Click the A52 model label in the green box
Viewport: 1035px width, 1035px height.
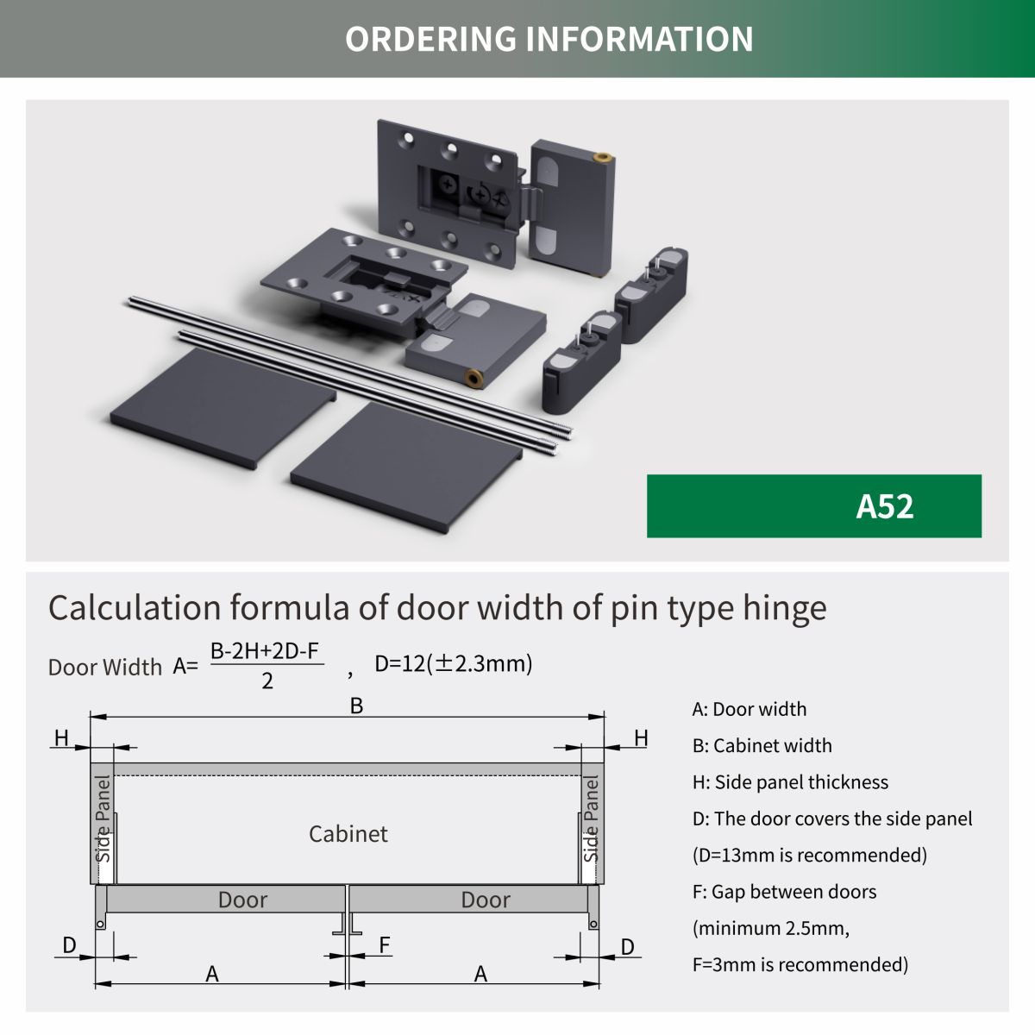pos(884,506)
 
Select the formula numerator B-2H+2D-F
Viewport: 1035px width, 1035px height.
pos(267,651)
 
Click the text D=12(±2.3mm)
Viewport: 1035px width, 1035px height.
pos(453,663)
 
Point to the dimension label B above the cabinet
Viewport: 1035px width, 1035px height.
pos(356,706)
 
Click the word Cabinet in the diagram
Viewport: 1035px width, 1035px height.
pos(348,834)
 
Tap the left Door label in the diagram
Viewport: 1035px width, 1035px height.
pos(242,900)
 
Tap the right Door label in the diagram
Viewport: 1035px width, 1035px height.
pos(486,900)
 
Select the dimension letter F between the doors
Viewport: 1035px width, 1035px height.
pos(385,945)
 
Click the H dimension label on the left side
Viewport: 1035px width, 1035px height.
pos(61,738)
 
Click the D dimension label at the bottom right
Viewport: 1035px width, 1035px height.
pos(627,947)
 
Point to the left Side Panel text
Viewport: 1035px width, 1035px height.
pos(103,819)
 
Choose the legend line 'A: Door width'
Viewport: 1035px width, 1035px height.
pos(749,709)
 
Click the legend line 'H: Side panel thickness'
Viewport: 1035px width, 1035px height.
pos(789,782)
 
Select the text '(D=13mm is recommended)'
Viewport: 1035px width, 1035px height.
pos(809,855)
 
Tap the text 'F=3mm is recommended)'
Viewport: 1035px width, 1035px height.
pos(800,964)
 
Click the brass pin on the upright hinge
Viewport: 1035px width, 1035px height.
pos(605,157)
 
